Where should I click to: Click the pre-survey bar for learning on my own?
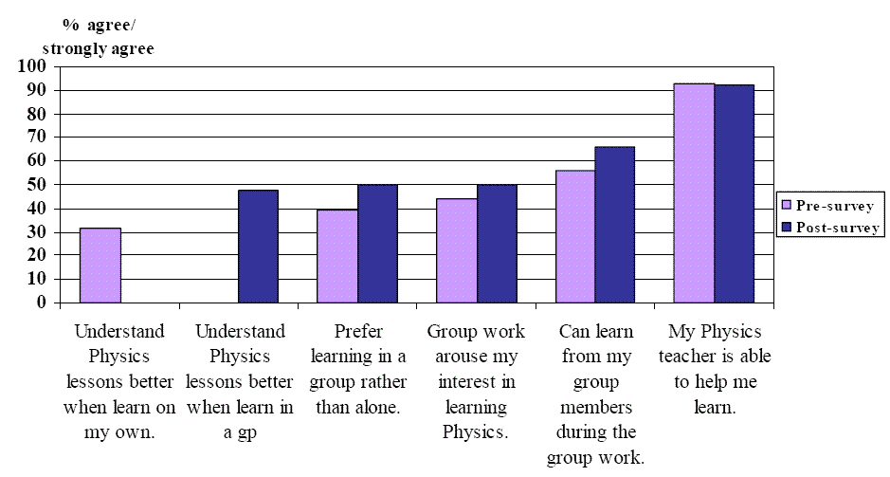[x=100, y=266]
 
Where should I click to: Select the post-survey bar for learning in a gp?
[x=258, y=247]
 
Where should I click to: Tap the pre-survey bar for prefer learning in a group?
[x=337, y=256]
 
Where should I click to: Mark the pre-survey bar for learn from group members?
[x=575, y=236]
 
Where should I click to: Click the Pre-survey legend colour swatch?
[x=785, y=204]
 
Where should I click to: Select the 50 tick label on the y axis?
[x=36, y=185]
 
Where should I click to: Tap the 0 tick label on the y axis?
[x=41, y=303]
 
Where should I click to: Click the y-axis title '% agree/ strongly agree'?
[x=100, y=35]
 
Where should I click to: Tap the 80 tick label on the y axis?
[x=36, y=114]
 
